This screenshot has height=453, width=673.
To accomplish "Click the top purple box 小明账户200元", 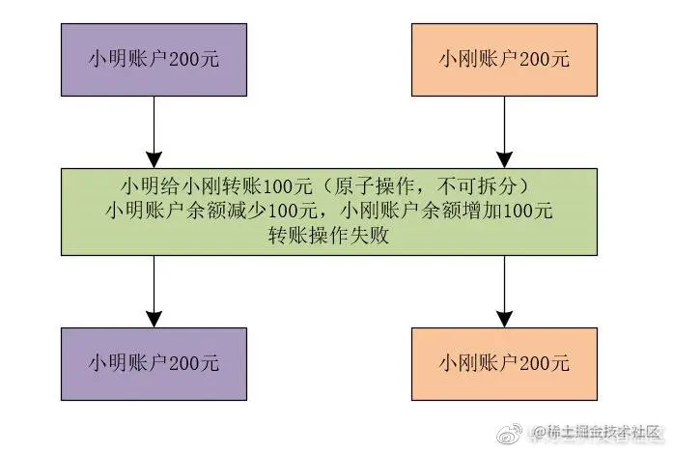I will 154,60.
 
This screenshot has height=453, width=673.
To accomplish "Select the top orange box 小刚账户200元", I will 505,60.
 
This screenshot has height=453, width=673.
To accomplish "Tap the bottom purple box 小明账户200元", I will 154,363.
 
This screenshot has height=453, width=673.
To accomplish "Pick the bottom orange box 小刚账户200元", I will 505,363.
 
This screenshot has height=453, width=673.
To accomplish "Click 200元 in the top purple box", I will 195,60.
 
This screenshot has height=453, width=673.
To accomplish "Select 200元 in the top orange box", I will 546,60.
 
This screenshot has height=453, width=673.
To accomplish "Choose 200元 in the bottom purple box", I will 195,363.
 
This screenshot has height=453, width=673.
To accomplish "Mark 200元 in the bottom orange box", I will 546,363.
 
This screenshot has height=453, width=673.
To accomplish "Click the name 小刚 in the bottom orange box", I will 456,363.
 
